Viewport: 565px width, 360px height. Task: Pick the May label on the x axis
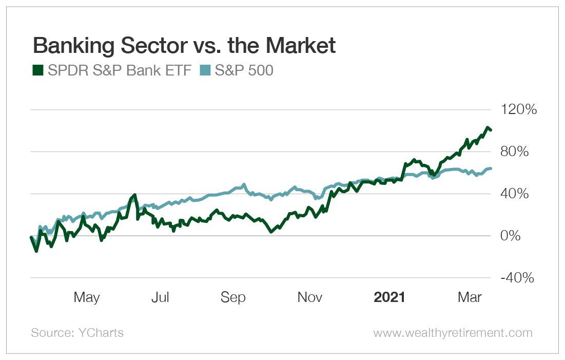click(87, 297)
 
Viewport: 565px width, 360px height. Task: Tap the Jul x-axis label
click(160, 297)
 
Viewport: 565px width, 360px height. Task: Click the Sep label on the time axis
click(233, 297)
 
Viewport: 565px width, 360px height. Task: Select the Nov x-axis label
click(310, 297)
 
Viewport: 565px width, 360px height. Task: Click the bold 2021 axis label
click(389, 297)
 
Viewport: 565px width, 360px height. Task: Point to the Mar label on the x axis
click(470, 297)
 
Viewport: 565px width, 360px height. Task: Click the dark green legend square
click(38, 70)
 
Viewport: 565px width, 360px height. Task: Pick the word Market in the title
click(303, 46)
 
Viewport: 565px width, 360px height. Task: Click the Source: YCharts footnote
click(77, 333)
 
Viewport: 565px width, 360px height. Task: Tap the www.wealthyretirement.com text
click(453, 333)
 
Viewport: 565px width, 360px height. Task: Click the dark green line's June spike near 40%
click(135, 195)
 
